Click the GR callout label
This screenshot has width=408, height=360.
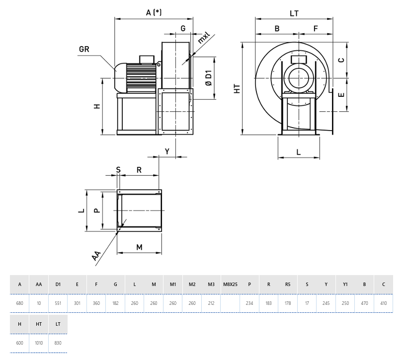point(84,49)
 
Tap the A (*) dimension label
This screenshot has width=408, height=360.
point(154,12)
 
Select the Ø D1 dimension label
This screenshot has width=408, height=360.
point(208,78)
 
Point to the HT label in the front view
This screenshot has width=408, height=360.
point(237,88)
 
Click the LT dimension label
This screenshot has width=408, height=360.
point(294,13)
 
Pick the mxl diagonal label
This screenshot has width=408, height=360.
point(203,38)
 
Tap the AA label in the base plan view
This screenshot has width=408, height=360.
point(96,256)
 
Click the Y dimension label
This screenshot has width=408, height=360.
point(167,151)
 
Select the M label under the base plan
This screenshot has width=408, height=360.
point(139,247)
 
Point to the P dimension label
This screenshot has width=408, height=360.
point(97,210)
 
